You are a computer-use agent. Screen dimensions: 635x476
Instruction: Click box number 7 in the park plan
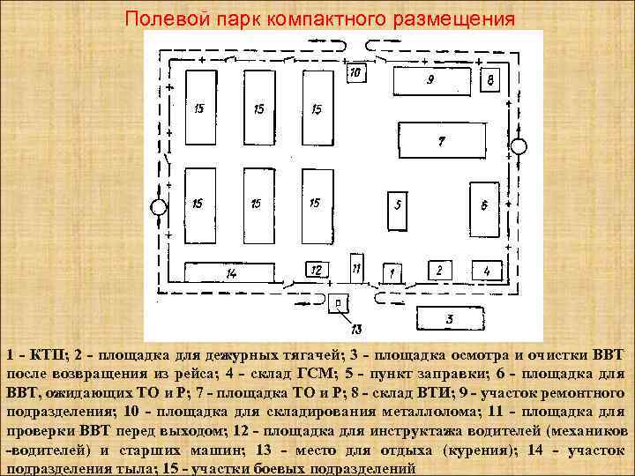coord(441,141)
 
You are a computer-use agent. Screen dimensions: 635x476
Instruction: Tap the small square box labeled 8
coord(490,80)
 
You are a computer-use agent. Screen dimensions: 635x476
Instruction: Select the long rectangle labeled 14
coord(231,272)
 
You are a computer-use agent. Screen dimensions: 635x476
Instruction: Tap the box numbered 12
coord(318,268)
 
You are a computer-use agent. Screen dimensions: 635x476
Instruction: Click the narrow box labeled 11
coord(355,265)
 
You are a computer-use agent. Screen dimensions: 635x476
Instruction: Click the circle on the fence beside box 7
coord(519,146)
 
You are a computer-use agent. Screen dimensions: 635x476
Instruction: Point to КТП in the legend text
coord(42,354)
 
